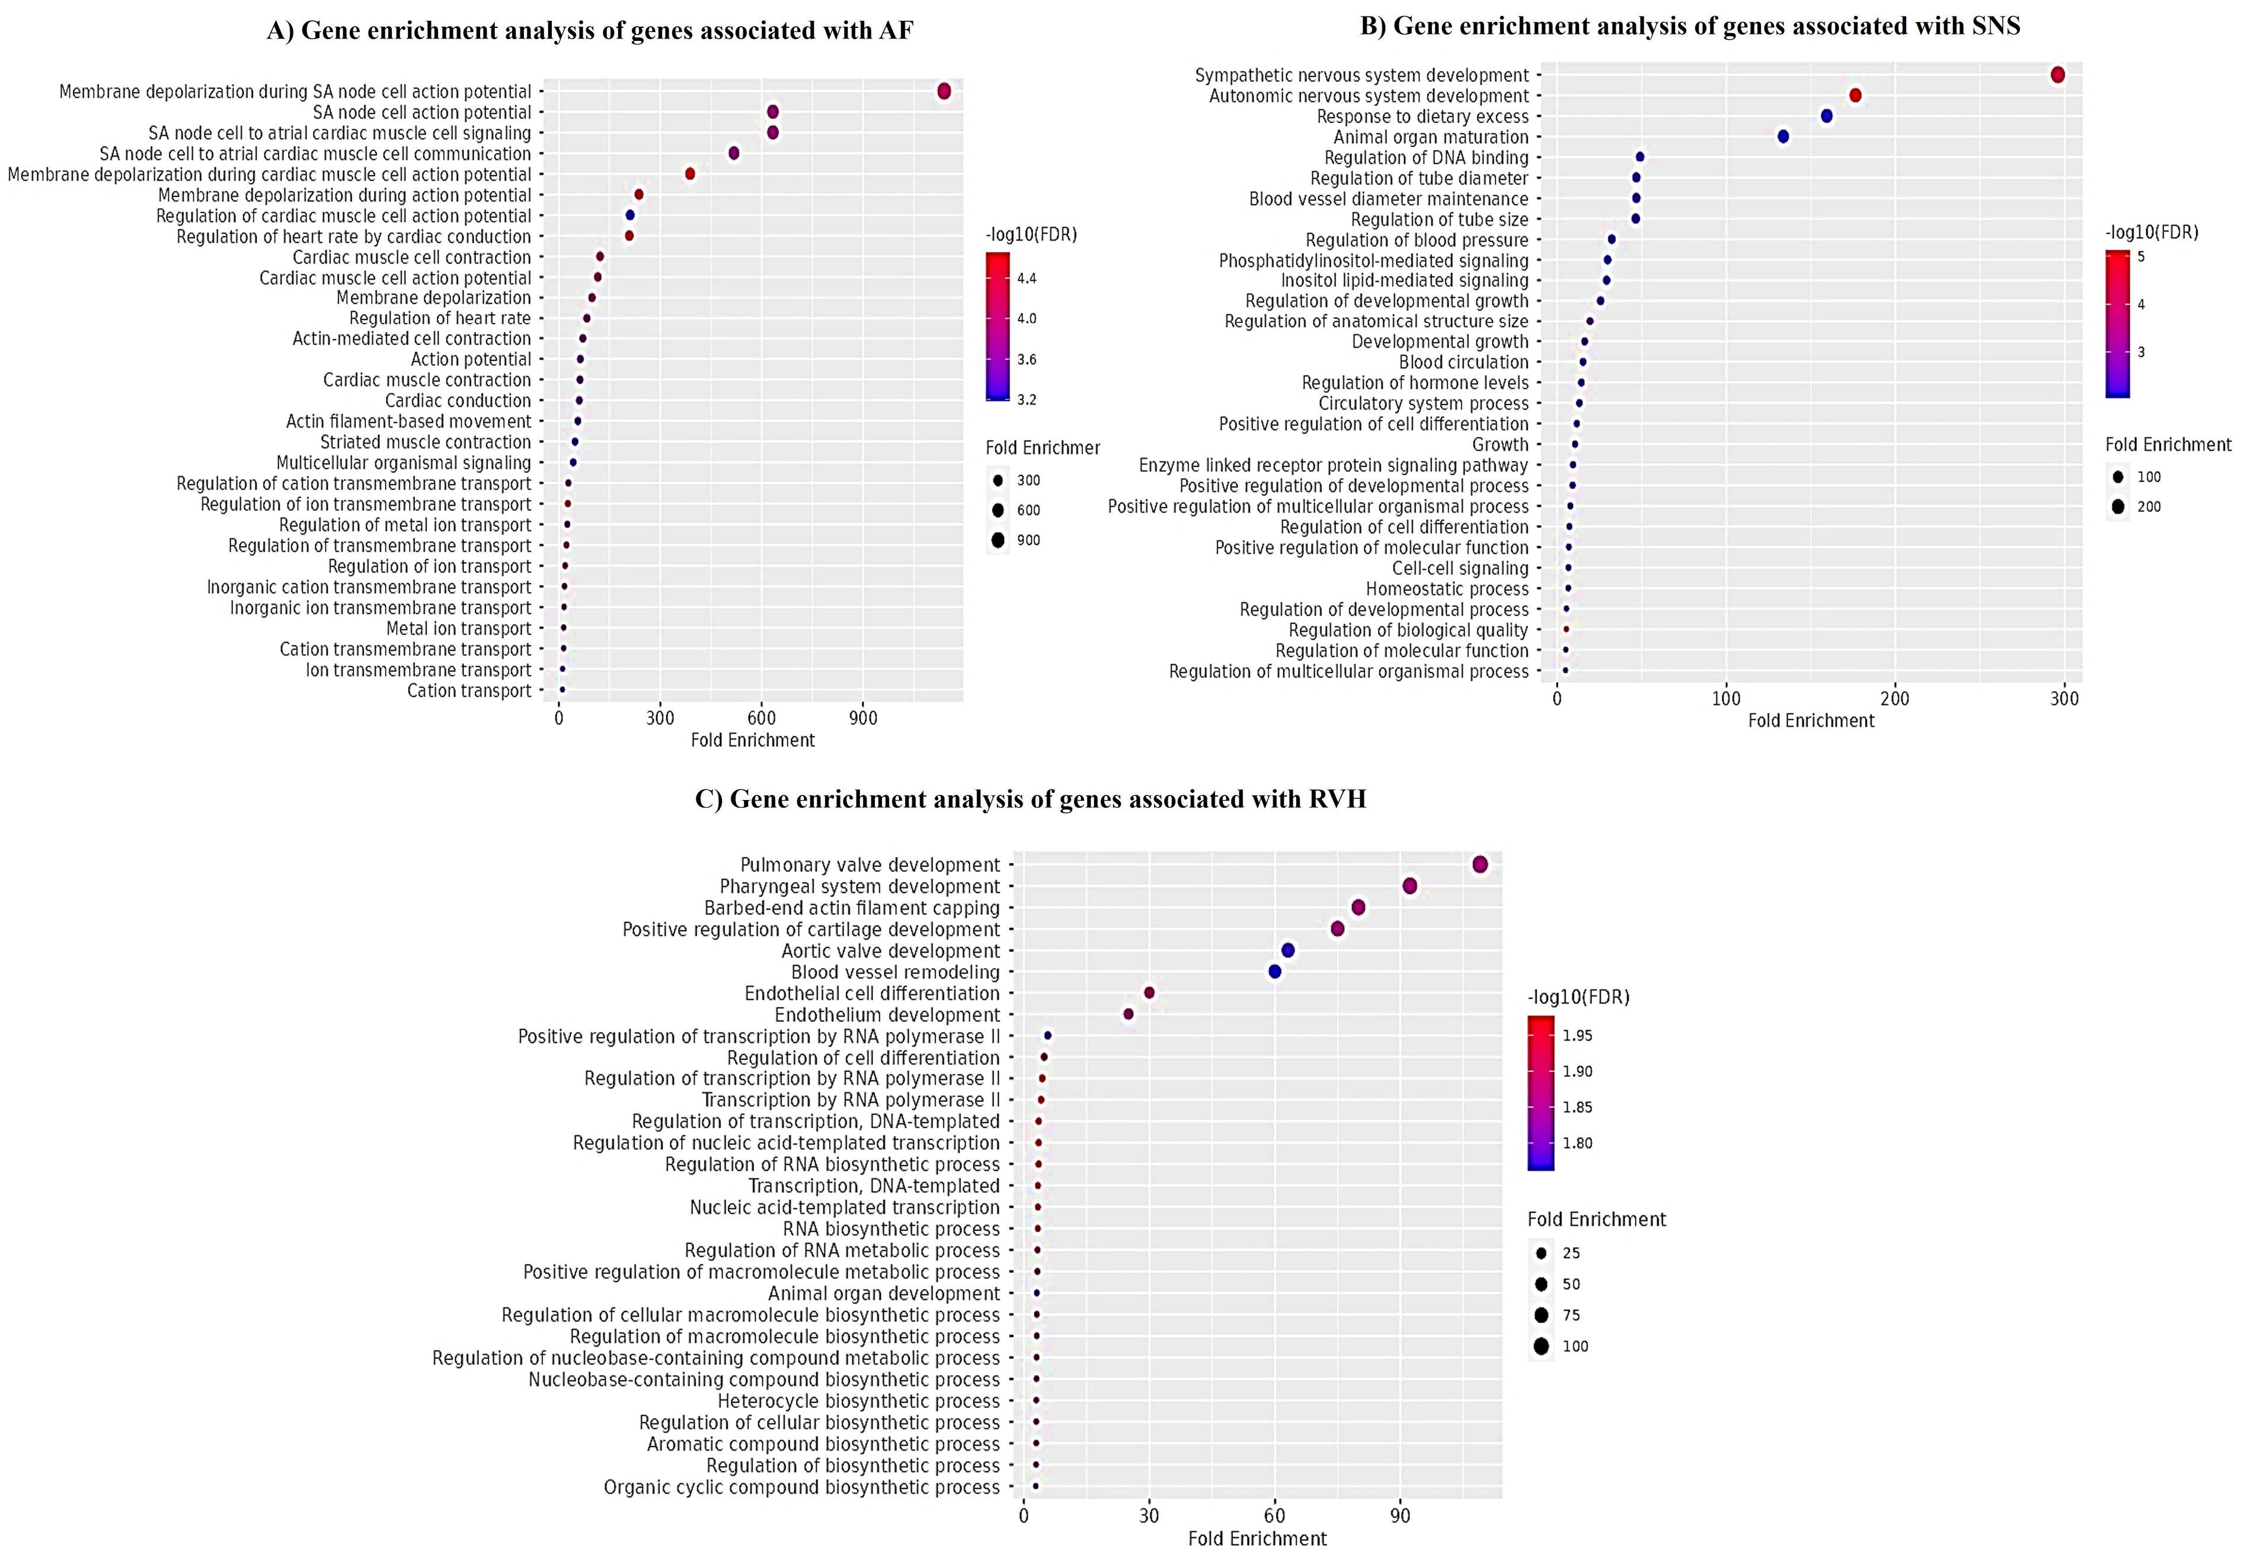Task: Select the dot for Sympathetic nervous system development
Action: [2058, 75]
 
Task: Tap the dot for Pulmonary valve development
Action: [1480, 865]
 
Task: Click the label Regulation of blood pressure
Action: [1417, 240]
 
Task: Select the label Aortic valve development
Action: [890, 951]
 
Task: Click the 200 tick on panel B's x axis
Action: [1894, 699]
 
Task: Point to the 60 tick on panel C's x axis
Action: [1275, 1516]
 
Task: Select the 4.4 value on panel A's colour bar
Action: [1027, 278]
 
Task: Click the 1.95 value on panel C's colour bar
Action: [1577, 1036]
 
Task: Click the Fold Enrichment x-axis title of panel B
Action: [1811, 721]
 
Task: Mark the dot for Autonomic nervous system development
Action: [1855, 95]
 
